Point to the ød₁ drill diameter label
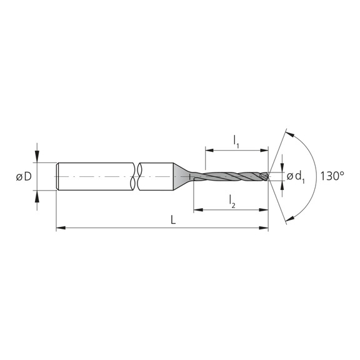click(x=297, y=177)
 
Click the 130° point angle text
click(x=332, y=176)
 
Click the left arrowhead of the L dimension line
click(x=60, y=229)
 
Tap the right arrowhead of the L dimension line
click(x=265, y=229)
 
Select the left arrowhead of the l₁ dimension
click(x=208, y=151)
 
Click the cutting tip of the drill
click(x=268, y=177)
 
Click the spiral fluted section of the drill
click(x=231, y=177)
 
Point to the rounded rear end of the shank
click(x=58, y=177)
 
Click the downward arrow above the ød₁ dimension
click(x=282, y=164)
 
